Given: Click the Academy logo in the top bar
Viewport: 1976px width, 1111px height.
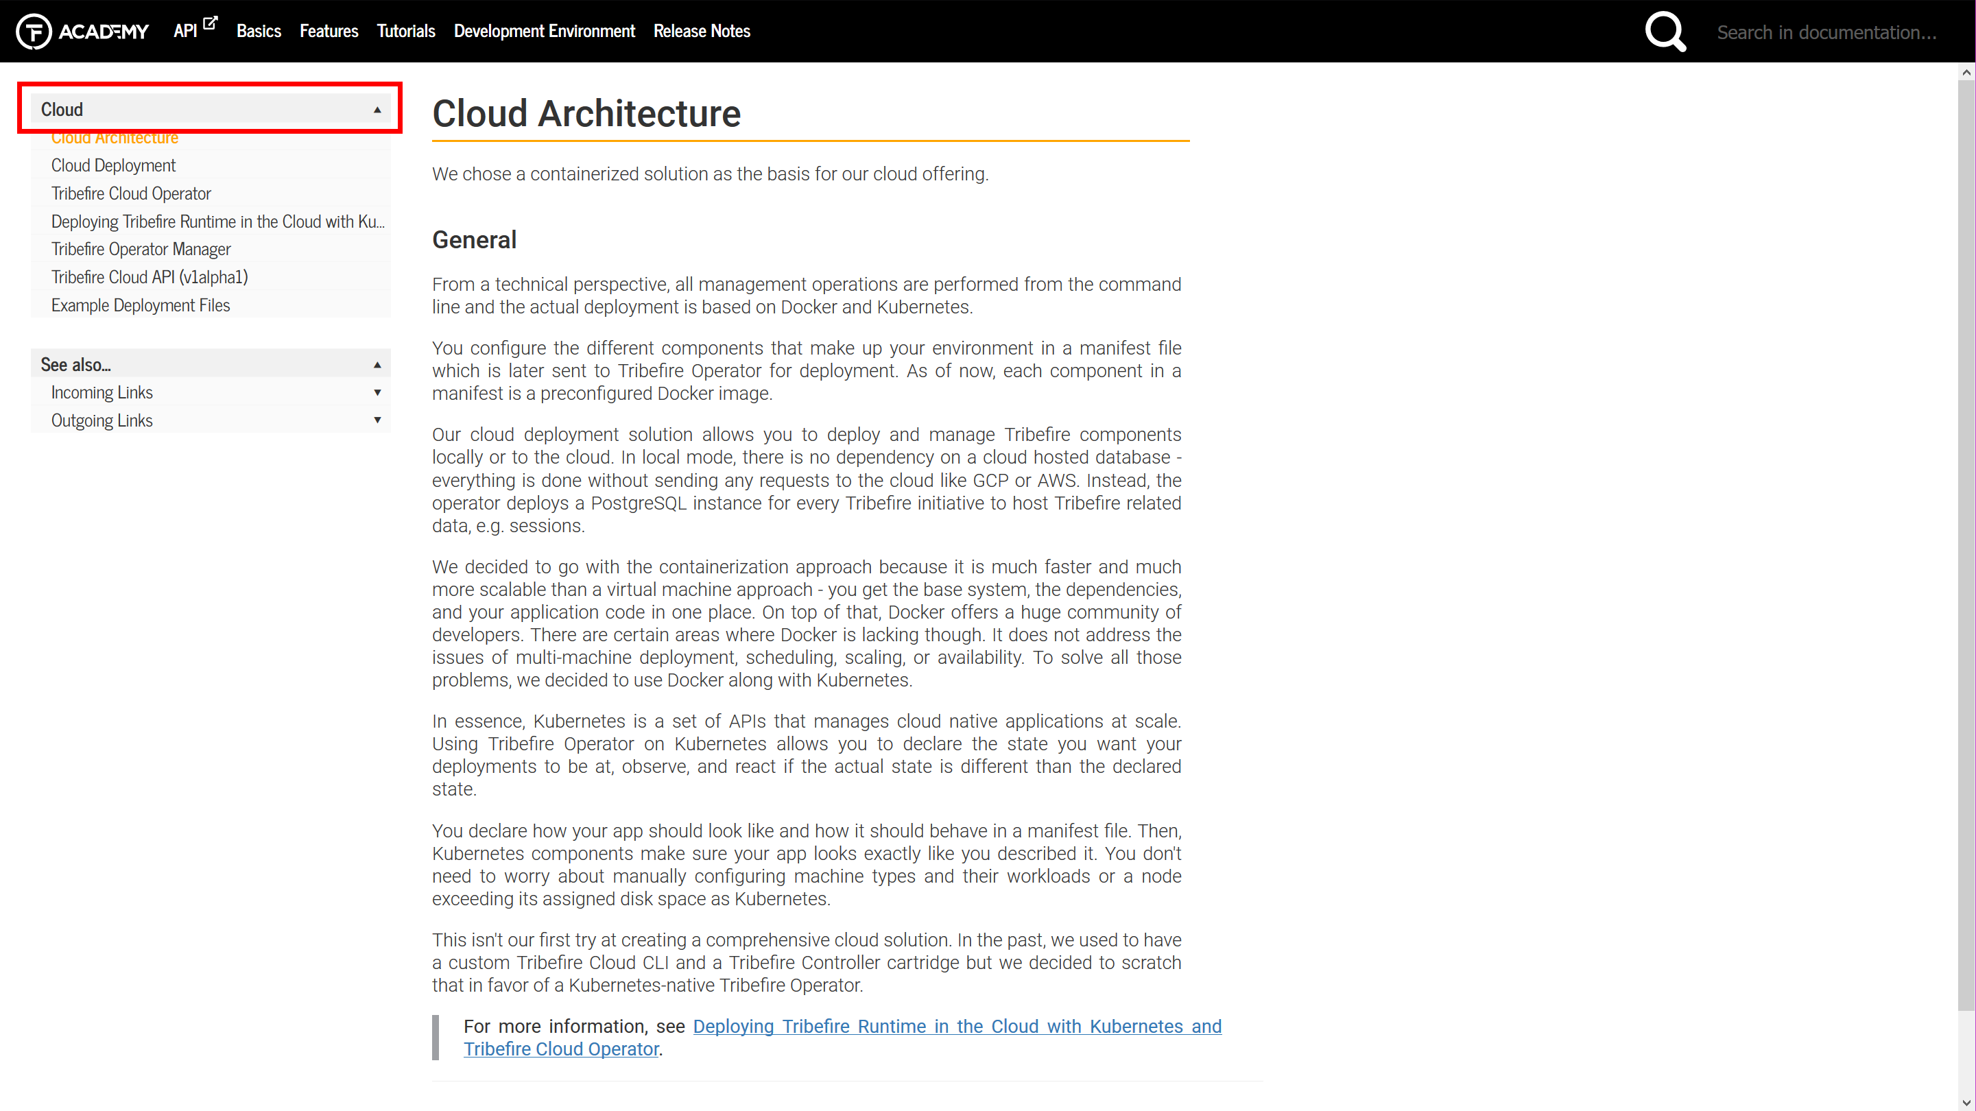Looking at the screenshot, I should (x=82, y=32).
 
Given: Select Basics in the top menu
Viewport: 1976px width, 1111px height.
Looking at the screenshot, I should (x=259, y=32).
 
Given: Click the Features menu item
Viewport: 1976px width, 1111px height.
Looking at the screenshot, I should (x=329, y=32).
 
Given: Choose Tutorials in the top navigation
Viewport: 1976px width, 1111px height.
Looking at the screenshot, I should (x=406, y=32).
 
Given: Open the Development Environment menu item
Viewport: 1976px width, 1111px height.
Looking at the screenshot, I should (x=544, y=32).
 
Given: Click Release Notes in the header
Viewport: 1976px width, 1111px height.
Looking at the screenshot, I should (x=701, y=32).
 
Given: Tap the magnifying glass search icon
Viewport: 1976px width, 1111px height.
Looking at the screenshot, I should (x=1665, y=32).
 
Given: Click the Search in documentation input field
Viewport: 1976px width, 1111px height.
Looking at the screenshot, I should (x=1826, y=32).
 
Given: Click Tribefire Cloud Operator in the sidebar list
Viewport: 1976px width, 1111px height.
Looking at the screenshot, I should (x=131, y=193).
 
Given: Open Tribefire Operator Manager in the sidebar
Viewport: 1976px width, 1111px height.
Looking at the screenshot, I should (x=141, y=250).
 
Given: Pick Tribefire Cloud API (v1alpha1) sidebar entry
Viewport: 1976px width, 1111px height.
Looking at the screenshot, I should (x=150, y=277).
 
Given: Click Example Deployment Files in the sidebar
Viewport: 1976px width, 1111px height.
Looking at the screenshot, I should (x=141, y=305).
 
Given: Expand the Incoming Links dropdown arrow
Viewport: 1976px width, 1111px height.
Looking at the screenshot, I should (x=377, y=393).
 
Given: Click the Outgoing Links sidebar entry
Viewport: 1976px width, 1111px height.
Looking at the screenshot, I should (x=102, y=420).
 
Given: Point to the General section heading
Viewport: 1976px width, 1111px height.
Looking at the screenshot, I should (x=474, y=240).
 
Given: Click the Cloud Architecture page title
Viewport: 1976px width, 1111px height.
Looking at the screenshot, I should (x=586, y=114).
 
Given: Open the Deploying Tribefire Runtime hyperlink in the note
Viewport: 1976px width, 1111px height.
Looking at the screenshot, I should (x=957, y=1027).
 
